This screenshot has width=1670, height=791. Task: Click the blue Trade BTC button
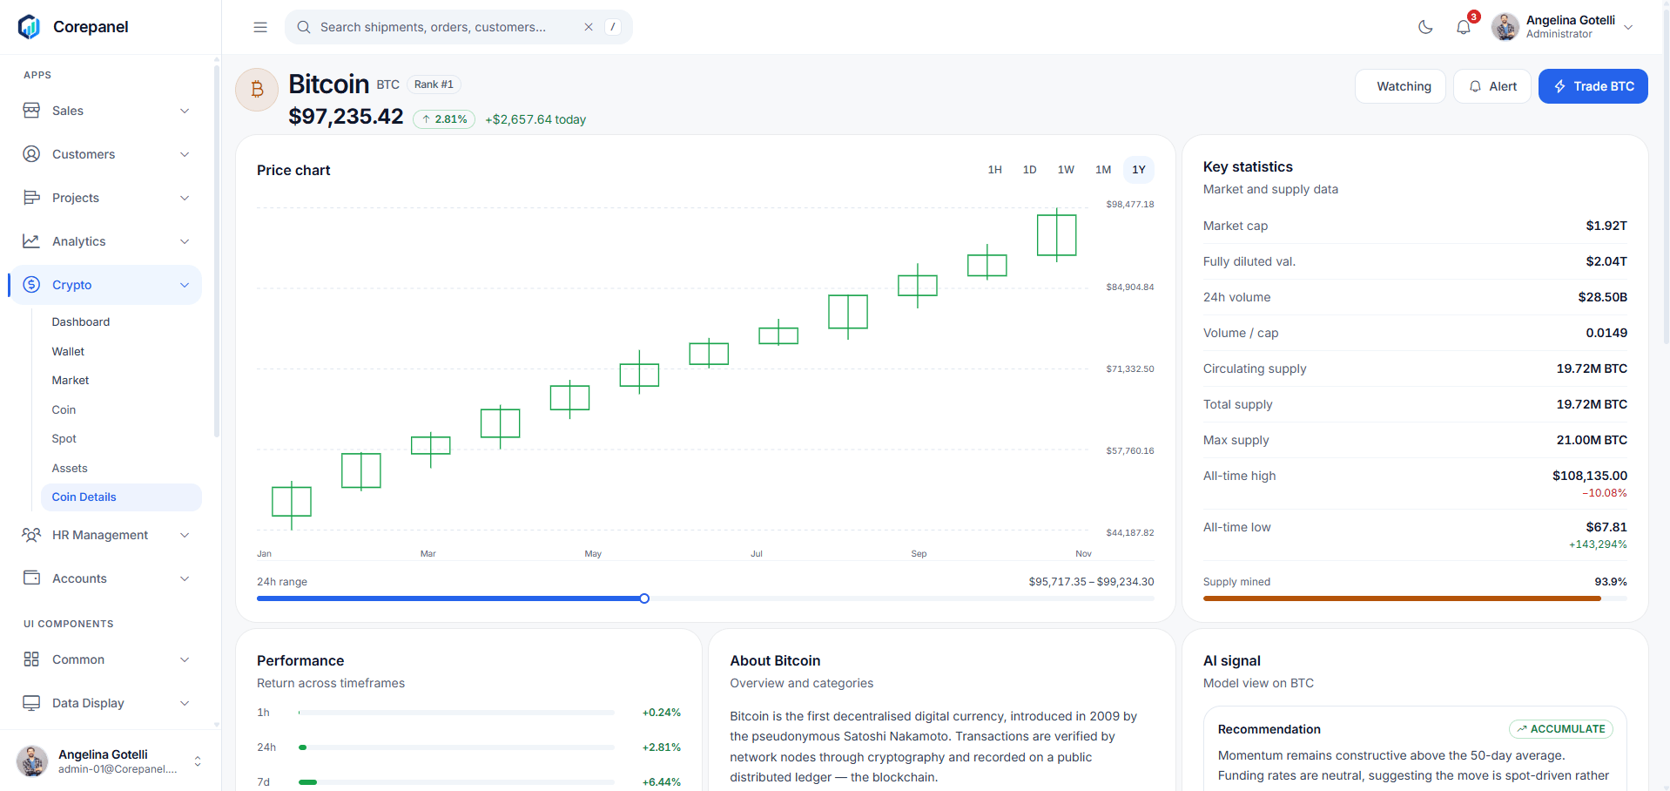click(x=1593, y=86)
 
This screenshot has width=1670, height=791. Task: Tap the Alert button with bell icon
click(x=1492, y=86)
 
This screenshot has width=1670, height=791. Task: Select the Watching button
click(x=1400, y=86)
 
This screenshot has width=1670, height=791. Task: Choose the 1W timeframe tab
click(x=1066, y=170)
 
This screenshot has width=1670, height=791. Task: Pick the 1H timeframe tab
click(x=994, y=170)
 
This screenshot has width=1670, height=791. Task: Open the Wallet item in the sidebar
click(x=68, y=351)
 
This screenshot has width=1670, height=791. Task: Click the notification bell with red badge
click(x=1464, y=27)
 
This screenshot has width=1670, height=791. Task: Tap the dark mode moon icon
click(x=1425, y=27)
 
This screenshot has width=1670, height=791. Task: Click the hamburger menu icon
click(x=260, y=27)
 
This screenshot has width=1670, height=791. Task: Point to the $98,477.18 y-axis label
click(x=1130, y=205)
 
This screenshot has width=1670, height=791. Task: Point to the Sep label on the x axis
click(x=919, y=554)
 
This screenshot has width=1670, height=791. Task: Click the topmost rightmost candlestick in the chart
click(x=1057, y=235)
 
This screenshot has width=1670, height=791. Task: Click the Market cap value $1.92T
click(x=1606, y=226)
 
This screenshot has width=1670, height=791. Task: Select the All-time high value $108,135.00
click(x=1590, y=476)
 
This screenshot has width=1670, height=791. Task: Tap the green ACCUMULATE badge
click(x=1561, y=729)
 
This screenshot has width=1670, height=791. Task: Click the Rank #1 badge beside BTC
click(x=434, y=85)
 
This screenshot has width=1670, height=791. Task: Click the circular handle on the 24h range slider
click(x=644, y=598)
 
